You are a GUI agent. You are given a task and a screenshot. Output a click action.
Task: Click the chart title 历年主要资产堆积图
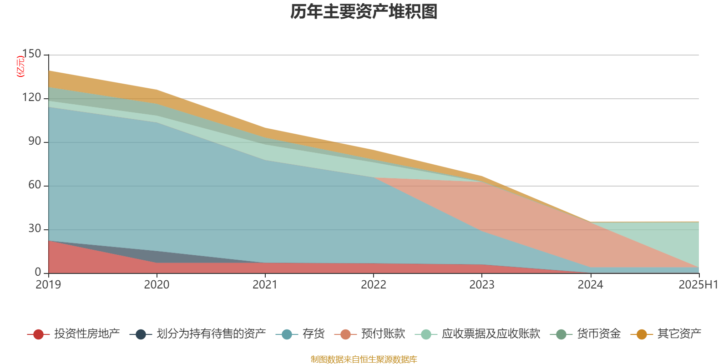point(364,12)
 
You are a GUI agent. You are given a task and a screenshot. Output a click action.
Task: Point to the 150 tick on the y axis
point(31,54)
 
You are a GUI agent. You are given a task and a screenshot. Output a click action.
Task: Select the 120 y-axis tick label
point(31,98)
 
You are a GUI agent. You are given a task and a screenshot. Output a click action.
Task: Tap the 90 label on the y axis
point(35,142)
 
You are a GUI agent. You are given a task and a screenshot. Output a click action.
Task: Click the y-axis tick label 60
point(35,185)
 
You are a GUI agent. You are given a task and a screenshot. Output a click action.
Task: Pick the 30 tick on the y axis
point(35,229)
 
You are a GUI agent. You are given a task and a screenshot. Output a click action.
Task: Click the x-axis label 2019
point(48,285)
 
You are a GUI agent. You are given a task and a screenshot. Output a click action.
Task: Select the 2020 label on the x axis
point(157,285)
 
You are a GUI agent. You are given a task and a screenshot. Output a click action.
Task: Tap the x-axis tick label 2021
point(265,285)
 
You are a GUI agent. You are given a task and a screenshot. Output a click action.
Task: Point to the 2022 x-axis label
point(373,285)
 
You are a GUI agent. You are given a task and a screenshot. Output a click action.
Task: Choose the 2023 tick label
point(482,285)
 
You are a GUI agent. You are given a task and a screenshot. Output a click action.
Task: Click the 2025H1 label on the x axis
point(698,285)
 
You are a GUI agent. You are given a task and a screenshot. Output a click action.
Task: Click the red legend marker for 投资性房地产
point(38,334)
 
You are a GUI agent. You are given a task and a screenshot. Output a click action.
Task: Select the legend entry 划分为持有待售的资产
point(211,334)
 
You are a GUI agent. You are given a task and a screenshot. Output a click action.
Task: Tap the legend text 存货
point(313,334)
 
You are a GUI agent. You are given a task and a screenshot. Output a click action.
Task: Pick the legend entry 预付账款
point(383,334)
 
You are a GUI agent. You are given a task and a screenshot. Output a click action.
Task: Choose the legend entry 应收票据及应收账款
point(490,334)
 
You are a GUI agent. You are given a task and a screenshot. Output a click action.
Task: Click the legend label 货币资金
point(598,334)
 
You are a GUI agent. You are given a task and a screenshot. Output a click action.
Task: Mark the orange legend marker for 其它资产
point(642,334)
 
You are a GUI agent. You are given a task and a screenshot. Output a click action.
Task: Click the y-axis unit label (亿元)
point(20,66)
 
